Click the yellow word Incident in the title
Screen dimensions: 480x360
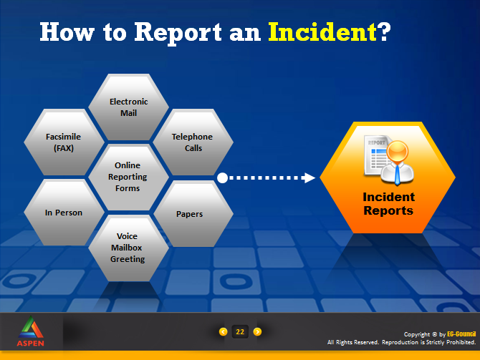pos(322,31)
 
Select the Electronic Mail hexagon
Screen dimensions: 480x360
pos(128,107)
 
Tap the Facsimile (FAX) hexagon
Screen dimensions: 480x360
pos(64,142)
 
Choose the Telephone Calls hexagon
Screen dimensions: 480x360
pos(193,142)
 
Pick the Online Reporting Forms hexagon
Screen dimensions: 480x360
pos(128,177)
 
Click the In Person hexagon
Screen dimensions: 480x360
pos(64,213)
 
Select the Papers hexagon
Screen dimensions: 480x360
pos(193,213)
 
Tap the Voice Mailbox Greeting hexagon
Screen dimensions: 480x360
pos(128,248)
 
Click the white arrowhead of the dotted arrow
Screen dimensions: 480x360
pos(309,177)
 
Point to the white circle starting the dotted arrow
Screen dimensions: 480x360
pos(223,177)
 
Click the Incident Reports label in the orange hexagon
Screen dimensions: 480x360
pos(388,204)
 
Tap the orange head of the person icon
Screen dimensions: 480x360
pos(398,151)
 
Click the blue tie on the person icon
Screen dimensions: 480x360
pos(397,175)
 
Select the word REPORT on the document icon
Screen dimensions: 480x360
pos(377,142)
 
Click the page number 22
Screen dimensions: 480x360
pos(240,331)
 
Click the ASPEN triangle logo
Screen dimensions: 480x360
pos(31,328)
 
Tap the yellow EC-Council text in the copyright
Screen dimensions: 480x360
pos(461,334)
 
